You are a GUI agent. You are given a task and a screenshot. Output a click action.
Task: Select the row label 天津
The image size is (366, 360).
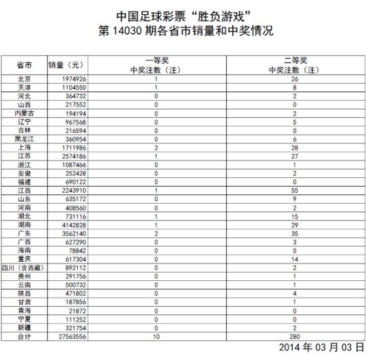click(x=24, y=87)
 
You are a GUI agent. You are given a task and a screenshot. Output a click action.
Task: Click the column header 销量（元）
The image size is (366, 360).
click(x=66, y=66)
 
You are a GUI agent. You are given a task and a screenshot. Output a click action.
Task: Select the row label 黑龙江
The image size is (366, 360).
click(x=24, y=138)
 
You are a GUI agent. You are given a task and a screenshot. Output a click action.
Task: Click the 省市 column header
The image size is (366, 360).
click(x=24, y=66)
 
